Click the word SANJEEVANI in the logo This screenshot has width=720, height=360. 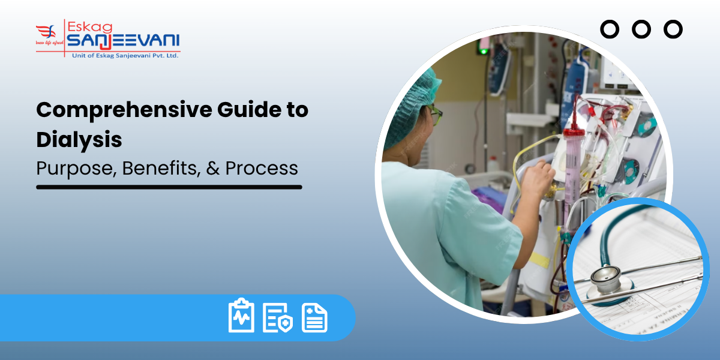123,41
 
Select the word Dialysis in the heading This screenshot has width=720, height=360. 79,140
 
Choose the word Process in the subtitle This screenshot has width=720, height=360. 262,169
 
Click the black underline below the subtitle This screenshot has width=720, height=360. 169,187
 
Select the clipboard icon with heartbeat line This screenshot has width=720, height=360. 241,316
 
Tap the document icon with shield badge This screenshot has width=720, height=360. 277,317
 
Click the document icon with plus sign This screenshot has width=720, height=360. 314,317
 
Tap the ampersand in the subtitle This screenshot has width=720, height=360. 212,169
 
